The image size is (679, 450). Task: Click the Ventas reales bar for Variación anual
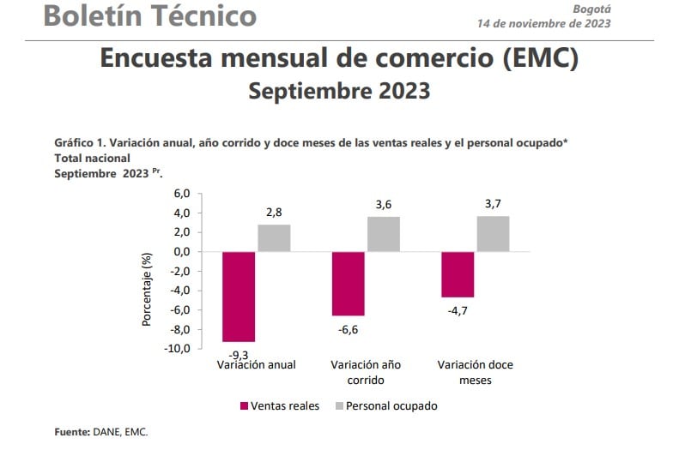239,297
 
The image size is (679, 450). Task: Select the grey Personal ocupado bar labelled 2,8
275,238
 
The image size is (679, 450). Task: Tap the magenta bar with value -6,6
349,284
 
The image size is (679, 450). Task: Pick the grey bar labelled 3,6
384,234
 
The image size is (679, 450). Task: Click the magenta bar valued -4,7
458,274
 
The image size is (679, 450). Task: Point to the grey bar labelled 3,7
493,234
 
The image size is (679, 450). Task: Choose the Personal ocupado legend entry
387,405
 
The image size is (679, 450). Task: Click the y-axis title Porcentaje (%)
147,290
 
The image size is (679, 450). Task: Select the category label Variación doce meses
475,372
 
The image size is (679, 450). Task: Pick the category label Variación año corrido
367,372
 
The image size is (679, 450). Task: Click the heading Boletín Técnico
149,15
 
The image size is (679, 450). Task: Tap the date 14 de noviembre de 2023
543,23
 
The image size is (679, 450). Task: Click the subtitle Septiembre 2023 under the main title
339,91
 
